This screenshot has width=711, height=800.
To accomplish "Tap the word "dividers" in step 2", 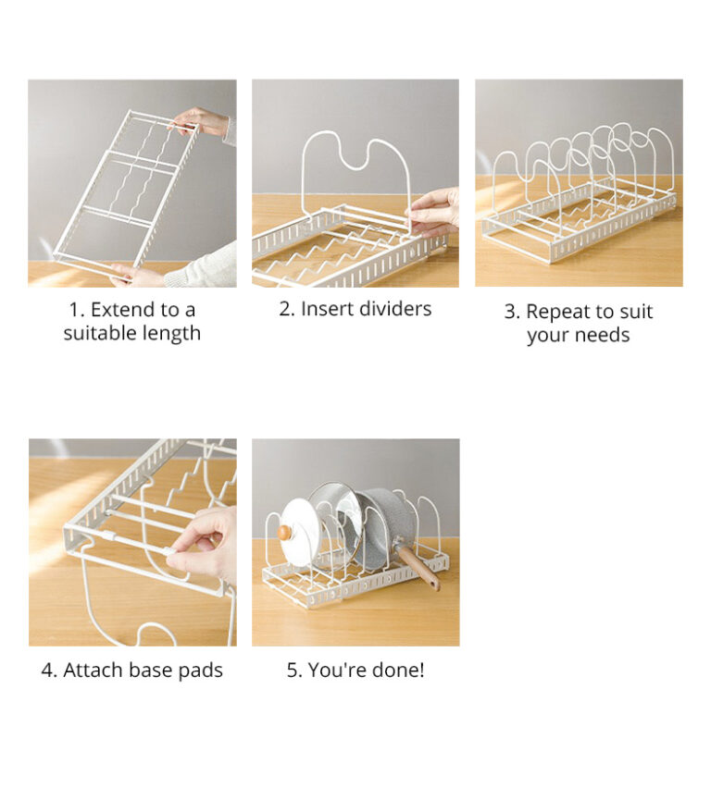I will coord(393,309).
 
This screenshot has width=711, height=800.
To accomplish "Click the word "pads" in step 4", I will coord(202,671).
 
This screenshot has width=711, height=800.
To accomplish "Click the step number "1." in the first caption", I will coord(77,310).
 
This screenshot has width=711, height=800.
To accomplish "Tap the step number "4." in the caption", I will coord(49,671).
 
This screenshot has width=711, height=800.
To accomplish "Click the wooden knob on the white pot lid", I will coord(285,532).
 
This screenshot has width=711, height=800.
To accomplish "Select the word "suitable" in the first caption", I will coord(98,333).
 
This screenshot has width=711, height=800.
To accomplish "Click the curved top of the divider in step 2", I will coord(355,148).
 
